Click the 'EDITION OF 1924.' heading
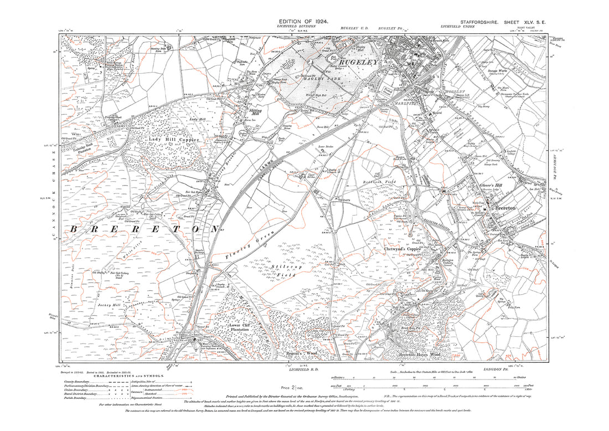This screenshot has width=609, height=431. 306,22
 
